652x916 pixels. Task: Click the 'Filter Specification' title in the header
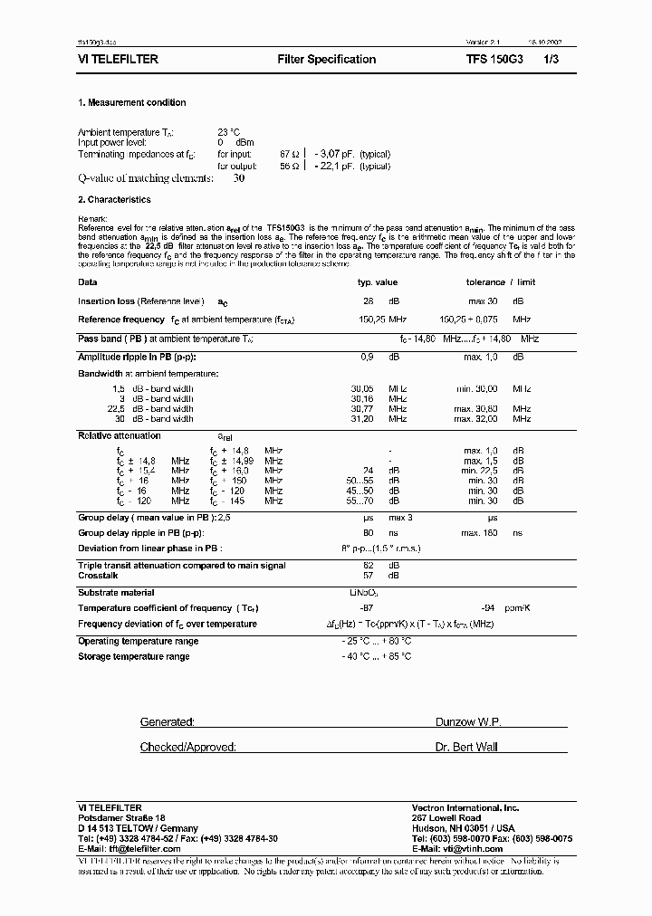click(x=326, y=60)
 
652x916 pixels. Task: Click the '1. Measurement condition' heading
click(x=132, y=103)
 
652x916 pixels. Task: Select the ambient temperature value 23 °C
click(x=229, y=132)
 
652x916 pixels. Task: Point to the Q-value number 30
click(x=239, y=178)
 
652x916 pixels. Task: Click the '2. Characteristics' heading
click(x=114, y=200)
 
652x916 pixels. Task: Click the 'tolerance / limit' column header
click(x=500, y=282)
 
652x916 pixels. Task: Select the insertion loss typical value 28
click(x=368, y=301)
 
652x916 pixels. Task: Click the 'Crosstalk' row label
click(x=99, y=575)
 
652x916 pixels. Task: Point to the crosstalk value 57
click(x=368, y=575)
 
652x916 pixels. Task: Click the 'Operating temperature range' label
click(x=138, y=641)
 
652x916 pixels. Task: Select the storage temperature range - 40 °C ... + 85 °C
click(x=376, y=656)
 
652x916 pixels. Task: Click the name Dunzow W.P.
click(x=468, y=722)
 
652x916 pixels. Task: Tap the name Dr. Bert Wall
click(x=466, y=747)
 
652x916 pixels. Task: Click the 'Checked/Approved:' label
click(x=188, y=747)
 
